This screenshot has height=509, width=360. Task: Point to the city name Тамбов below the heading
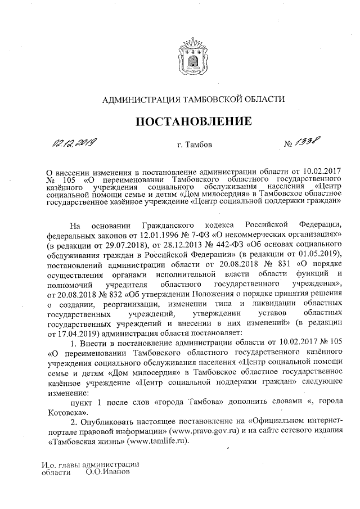coord(199,146)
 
